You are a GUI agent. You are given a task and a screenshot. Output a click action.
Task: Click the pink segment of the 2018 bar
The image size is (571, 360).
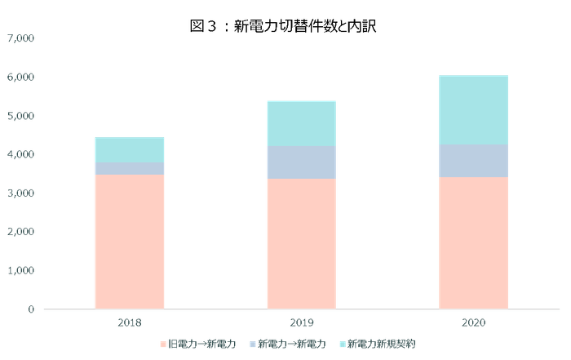coord(130,242)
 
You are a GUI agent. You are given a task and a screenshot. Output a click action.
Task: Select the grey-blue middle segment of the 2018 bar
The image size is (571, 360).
coord(130,168)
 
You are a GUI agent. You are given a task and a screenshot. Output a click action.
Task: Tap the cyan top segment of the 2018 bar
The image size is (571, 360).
coord(130,149)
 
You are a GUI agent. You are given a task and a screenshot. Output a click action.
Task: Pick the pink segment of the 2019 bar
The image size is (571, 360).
coord(301,244)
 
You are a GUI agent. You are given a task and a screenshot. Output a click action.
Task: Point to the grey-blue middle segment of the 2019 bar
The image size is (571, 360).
coord(301,162)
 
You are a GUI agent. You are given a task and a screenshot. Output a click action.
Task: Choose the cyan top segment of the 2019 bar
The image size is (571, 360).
coord(301,123)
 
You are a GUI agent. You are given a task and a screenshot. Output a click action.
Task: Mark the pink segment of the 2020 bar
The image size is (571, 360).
coord(473,243)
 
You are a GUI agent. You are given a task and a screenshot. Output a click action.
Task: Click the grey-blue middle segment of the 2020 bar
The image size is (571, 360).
coord(473,161)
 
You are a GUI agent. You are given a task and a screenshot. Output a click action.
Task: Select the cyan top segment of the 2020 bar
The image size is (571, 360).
coord(473,109)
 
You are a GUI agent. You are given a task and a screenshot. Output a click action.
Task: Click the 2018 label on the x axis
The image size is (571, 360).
coord(130,322)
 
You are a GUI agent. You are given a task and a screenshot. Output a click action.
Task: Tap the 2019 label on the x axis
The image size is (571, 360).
coord(301,322)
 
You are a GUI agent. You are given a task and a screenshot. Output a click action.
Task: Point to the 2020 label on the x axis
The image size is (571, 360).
coord(473,322)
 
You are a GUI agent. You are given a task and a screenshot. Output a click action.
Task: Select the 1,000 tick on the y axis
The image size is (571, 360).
coord(22,270)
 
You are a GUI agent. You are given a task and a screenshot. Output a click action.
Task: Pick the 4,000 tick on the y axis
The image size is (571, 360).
coord(22,154)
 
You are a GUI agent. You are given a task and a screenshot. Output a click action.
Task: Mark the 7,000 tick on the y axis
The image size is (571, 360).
coord(22,38)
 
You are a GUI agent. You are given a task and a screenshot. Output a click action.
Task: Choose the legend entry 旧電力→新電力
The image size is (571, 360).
coord(200,344)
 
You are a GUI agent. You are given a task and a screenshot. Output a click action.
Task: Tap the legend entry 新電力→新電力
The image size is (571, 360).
coord(289,344)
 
